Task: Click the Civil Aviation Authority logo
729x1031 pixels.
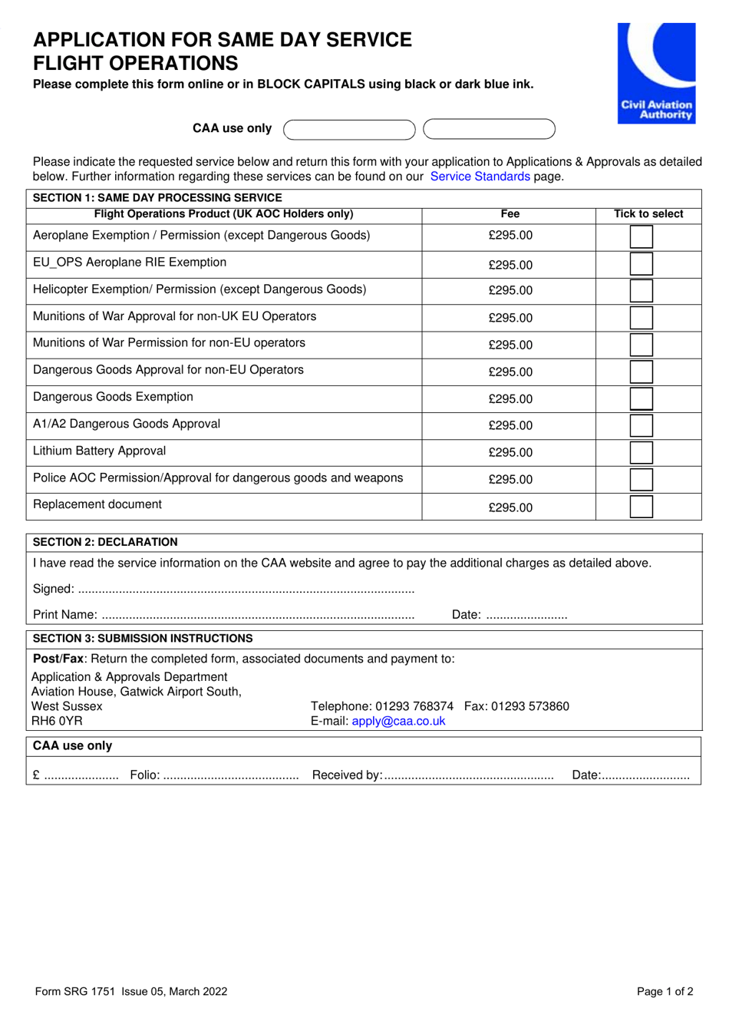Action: [656, 73]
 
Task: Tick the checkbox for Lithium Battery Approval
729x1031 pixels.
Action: [641, 453]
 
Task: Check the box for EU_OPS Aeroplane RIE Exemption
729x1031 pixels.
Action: [641, 264]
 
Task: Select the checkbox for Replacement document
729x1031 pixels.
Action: [641, 507]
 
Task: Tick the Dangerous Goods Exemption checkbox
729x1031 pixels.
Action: [641, 399]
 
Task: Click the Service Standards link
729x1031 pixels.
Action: [480, 177]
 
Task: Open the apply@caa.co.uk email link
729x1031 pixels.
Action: [398, 721]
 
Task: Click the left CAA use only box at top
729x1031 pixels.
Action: [349, 129]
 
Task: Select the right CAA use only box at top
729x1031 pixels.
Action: [489, 129]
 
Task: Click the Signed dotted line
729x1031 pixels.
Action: [246, 590]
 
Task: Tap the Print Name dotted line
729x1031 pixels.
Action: [257, 616]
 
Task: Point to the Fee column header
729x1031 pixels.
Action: [510, 214]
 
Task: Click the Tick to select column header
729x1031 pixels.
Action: [648, 214]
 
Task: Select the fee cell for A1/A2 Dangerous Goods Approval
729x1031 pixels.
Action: [510, 426]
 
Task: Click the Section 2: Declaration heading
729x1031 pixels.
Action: [105, 542]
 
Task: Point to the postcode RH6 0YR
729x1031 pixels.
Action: [58, 721]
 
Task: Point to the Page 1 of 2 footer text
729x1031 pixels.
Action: [665, 991]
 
